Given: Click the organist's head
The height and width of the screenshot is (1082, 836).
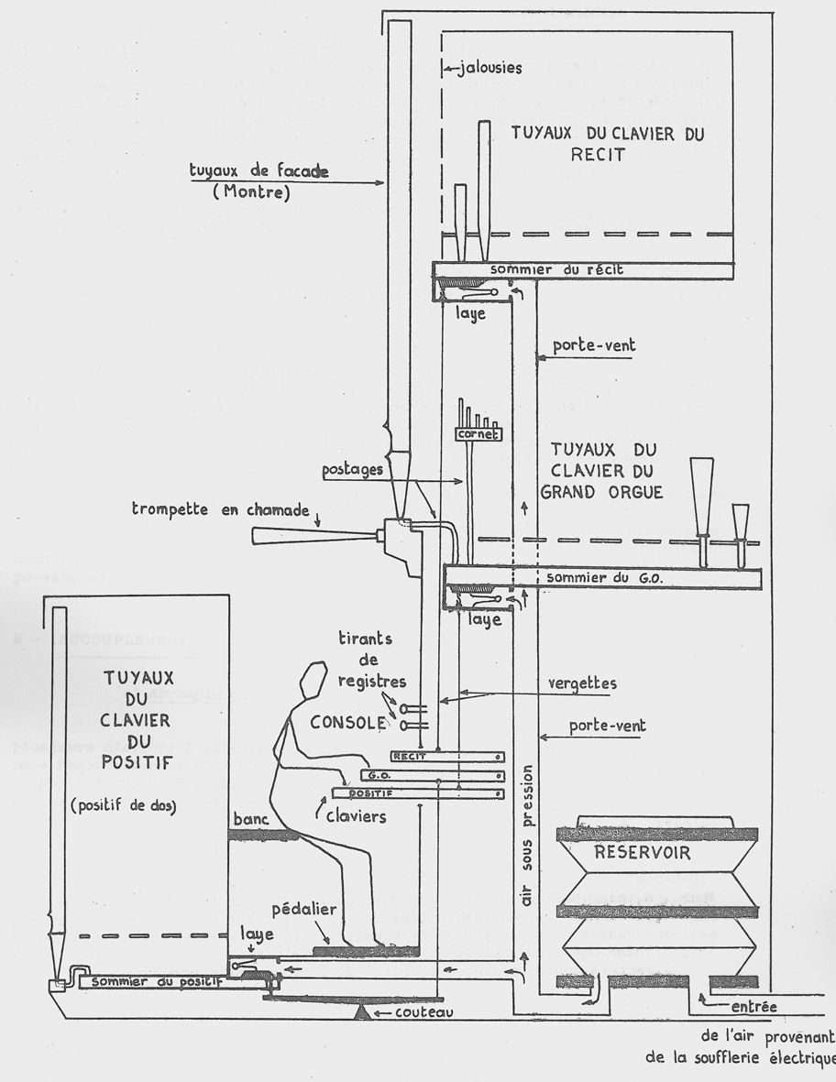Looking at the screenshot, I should click(313, 682).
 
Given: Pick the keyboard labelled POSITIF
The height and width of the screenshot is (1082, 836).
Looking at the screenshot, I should click(417, 792).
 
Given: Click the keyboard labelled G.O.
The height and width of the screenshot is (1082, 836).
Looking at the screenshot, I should click(431, 774).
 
